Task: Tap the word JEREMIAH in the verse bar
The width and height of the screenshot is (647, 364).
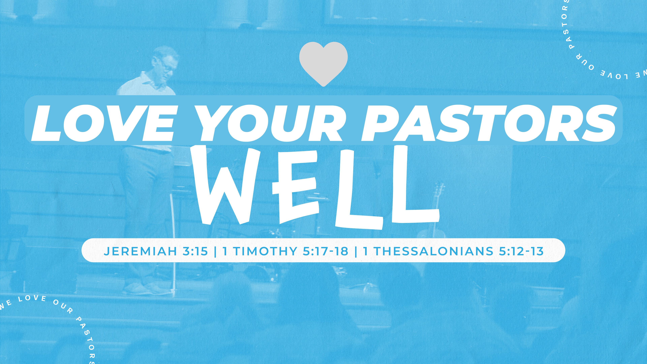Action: click(141, 251)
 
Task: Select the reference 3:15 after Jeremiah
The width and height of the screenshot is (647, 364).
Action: click(195, 251)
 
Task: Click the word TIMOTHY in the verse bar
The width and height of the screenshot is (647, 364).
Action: click(266, 251)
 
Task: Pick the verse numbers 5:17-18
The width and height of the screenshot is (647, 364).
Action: click(326, 251)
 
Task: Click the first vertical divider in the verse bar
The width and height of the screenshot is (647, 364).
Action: click(215, 251)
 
